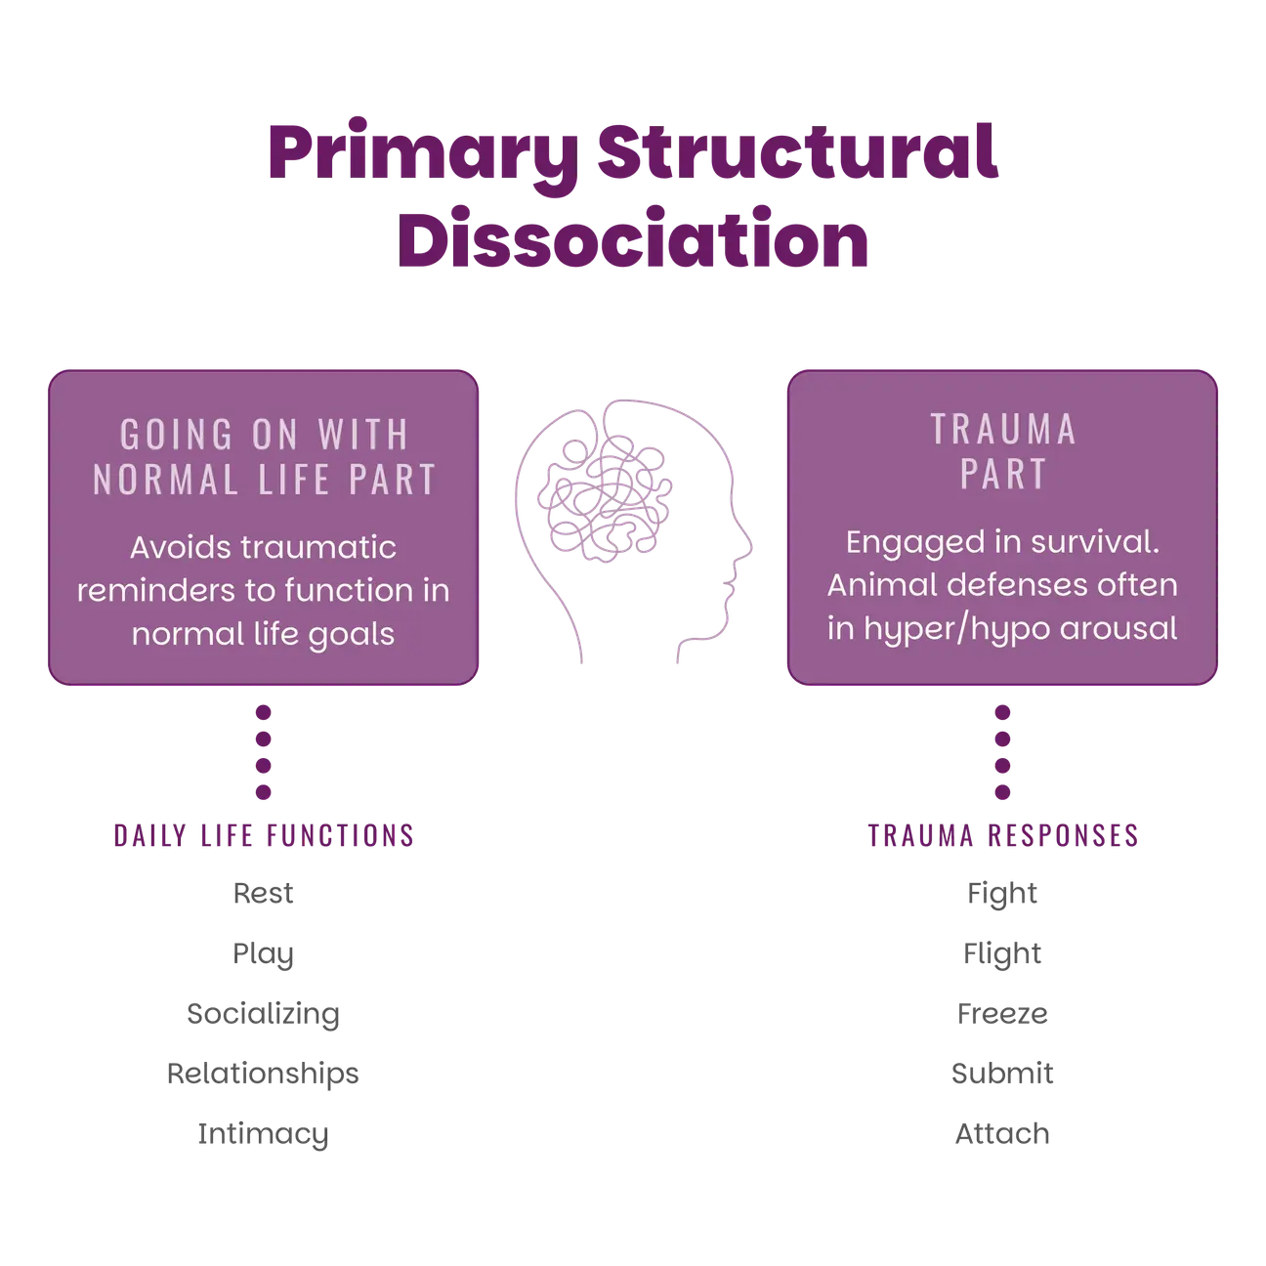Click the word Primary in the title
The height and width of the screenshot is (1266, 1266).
[x=423, y=155]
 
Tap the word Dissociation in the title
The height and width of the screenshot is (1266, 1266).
[x=633, y=237]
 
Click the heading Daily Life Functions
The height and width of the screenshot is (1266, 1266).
[x=264, y=835]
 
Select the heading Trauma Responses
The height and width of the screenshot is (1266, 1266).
[x=1002, y=835]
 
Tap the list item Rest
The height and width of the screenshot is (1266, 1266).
[x=263, y=893]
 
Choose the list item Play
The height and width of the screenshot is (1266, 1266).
[x=263, y=954]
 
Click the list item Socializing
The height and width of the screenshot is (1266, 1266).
[x=263, y=1014]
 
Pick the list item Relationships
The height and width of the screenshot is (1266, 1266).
[x=263, y=1074]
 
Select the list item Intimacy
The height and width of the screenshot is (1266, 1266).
[x=263, y=1134]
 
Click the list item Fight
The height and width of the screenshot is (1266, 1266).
[x=1002, y=894]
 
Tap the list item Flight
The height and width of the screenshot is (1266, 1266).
[x=1002, y=954]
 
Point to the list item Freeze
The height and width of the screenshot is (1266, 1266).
[x=1002, y=1014]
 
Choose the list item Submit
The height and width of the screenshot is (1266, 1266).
[x=1002, y=1074]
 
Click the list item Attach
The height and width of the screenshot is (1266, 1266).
[x=1002, y=1134]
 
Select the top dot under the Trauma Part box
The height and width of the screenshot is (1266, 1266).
[x=1002, y=712]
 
